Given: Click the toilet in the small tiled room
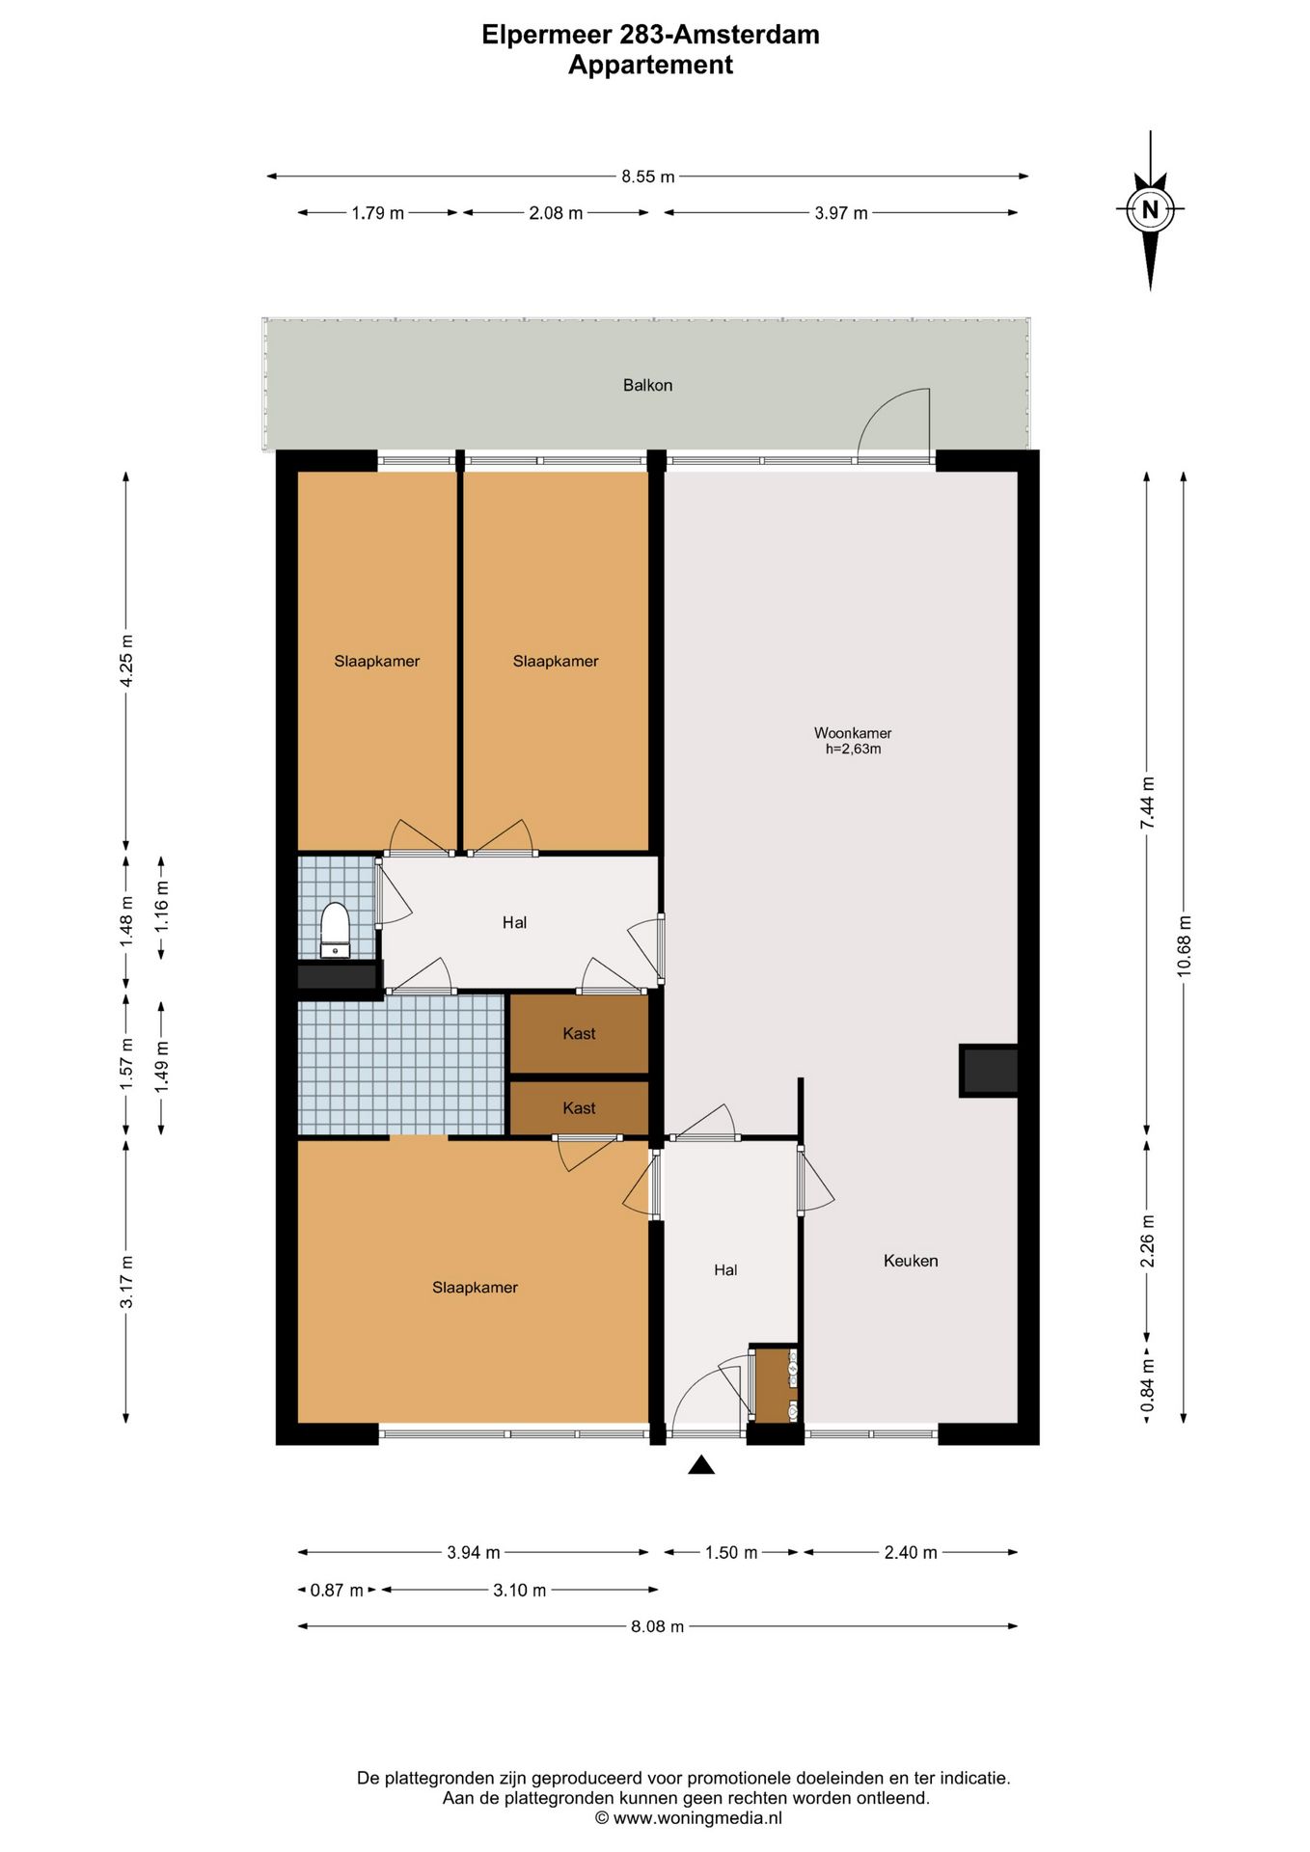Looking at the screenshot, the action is coord(335,929).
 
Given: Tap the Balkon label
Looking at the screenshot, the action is coord(647,385).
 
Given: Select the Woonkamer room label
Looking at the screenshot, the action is coord(853,733).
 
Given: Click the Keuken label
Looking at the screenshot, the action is coord(911,1260).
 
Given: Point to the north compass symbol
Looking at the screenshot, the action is coord(1150,209).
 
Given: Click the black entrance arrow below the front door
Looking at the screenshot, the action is coord(701,1465).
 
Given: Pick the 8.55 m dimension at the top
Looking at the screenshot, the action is coord(648,177).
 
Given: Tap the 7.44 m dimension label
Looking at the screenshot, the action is coord(1147,803).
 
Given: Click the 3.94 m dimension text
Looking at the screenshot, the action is coord(474,1552).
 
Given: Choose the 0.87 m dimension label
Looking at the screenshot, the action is coord(337,1590).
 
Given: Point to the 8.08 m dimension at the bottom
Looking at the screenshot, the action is coord(658,1626).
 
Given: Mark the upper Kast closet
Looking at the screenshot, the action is coord(579,1033).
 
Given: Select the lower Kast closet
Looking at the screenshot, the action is coord(579,1107).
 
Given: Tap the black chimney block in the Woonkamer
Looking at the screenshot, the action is coord(989,1071).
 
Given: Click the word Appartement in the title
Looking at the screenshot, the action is coord(650,65).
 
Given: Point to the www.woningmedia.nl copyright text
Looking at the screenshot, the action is coord(688,1818).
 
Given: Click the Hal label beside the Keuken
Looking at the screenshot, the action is coord(725,1269).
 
